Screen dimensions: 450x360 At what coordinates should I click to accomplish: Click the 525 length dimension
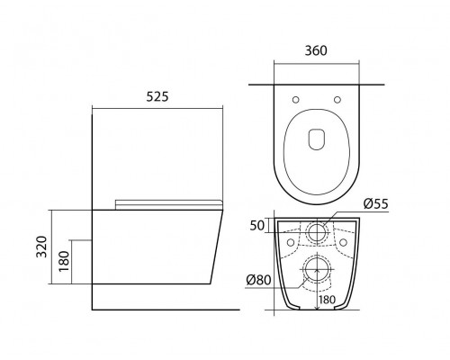click(157, 96)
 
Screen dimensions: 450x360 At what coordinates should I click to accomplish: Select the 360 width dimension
click(316, 50)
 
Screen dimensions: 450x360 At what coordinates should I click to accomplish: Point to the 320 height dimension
click(41, 247)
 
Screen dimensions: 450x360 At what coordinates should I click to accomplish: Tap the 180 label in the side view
click(64, 261)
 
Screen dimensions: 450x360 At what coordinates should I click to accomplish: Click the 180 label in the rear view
click(327, 300)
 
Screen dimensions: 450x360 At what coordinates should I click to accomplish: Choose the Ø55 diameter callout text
click(376, 204)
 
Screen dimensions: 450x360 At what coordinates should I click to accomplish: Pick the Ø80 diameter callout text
click(258, 280)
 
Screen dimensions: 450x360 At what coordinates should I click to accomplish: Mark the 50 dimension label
click(257, 226)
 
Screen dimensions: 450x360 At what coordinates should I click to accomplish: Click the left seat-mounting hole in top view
click(295, 100)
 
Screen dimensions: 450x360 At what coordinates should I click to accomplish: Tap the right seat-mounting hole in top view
click(337, 100)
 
